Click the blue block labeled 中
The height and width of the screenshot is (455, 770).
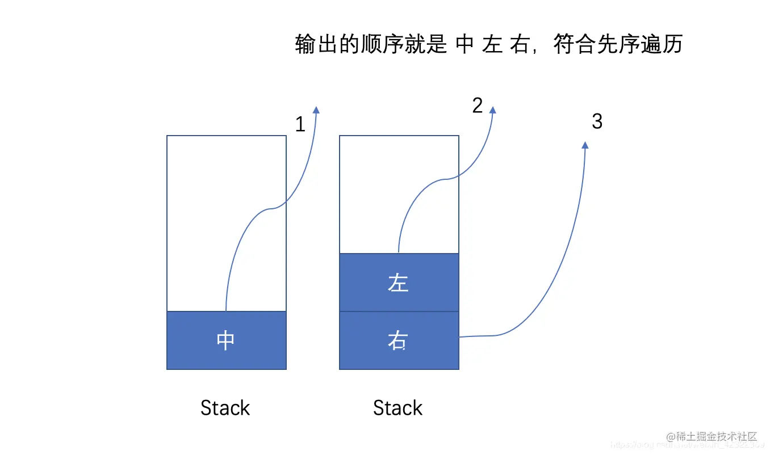pos(226,340)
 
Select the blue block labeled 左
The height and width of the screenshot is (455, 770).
pos(399,283)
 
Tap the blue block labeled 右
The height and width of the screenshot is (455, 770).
pos(399,340)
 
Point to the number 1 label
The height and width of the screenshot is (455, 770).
pos(300,124)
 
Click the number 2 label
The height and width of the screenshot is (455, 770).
pos(478,106)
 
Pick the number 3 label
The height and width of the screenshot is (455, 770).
pos(597,121)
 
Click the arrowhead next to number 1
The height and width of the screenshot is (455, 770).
pos(316,110)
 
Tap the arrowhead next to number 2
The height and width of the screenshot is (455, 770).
pos(492,110)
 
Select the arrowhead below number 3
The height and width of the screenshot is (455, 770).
pos(585,146)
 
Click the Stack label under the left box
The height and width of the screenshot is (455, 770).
pos(225,408)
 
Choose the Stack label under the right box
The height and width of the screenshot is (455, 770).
pos(398,408)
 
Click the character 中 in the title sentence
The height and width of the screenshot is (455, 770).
pos(464,44)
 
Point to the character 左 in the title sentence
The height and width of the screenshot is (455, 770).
pos(492,44)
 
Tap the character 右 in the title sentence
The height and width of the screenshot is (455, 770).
pos(519,44)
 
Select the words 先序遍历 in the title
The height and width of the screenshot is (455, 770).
pos(639,44)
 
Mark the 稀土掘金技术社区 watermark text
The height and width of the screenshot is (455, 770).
pos(712,436)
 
